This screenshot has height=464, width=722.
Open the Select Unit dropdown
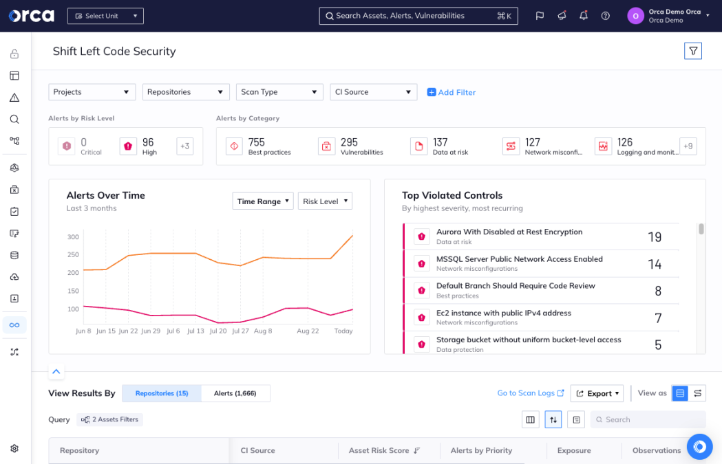click(105, 16)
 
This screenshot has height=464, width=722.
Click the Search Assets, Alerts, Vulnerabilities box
click(418, 16)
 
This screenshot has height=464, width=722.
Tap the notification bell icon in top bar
click(584, 16)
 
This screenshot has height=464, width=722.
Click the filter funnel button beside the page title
click(692, 51)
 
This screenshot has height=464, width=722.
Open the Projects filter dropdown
click(92, 92)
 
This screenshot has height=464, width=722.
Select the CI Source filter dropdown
click(373, 92)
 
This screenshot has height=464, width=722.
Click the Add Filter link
click(452, 92)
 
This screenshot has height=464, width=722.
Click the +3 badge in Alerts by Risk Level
click(184, 146)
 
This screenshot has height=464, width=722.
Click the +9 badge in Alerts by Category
click(688, 146)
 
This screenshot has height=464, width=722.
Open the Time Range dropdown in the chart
click(263, 201)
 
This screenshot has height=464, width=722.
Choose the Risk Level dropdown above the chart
click(325, 201)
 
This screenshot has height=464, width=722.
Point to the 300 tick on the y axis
click(73, 237)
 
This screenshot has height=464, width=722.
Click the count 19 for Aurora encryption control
click(654, 237)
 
